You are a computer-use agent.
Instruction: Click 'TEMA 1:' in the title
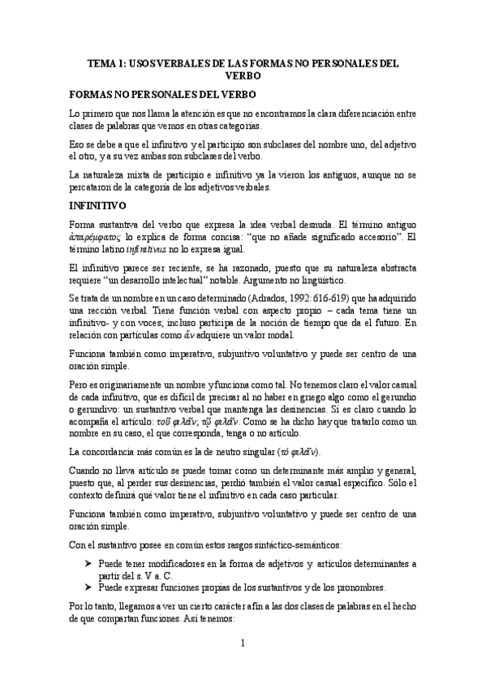(x=106, y=62)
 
